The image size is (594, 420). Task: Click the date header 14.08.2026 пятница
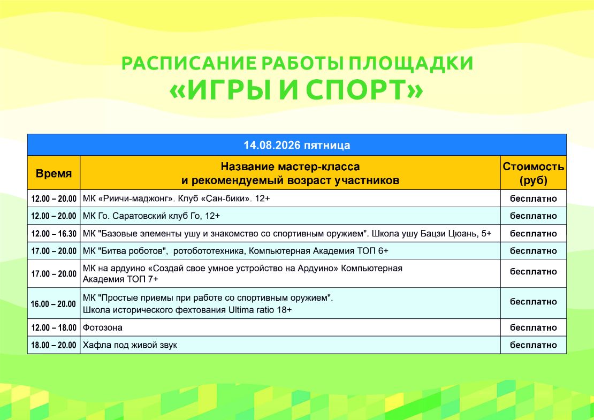click(x=296, y=145)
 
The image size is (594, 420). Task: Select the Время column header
click(x=54, y=173)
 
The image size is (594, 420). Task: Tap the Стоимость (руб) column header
click(x=534, y=173)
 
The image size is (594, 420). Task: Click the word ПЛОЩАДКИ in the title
click(x=411, y=63)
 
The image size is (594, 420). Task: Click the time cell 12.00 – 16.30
click(x=54, y=234)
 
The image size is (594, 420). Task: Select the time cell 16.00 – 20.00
click(x=54, y=304)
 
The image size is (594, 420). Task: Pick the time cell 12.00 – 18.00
click(x=54, y=327)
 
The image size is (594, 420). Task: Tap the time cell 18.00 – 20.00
click(x=54, y=345)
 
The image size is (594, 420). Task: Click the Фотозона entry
click(x=103, y=327)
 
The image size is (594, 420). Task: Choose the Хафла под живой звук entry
click(x=130, y=345)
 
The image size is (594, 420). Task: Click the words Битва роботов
click(x=133, y=251)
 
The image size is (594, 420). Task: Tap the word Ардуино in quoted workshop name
click(x=317, y=268)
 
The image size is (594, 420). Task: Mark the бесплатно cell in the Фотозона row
click(x=534, y=327)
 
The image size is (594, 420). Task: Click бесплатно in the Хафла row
click(x=534, y=345)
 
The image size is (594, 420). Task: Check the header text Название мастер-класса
click(x=290, y=166)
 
